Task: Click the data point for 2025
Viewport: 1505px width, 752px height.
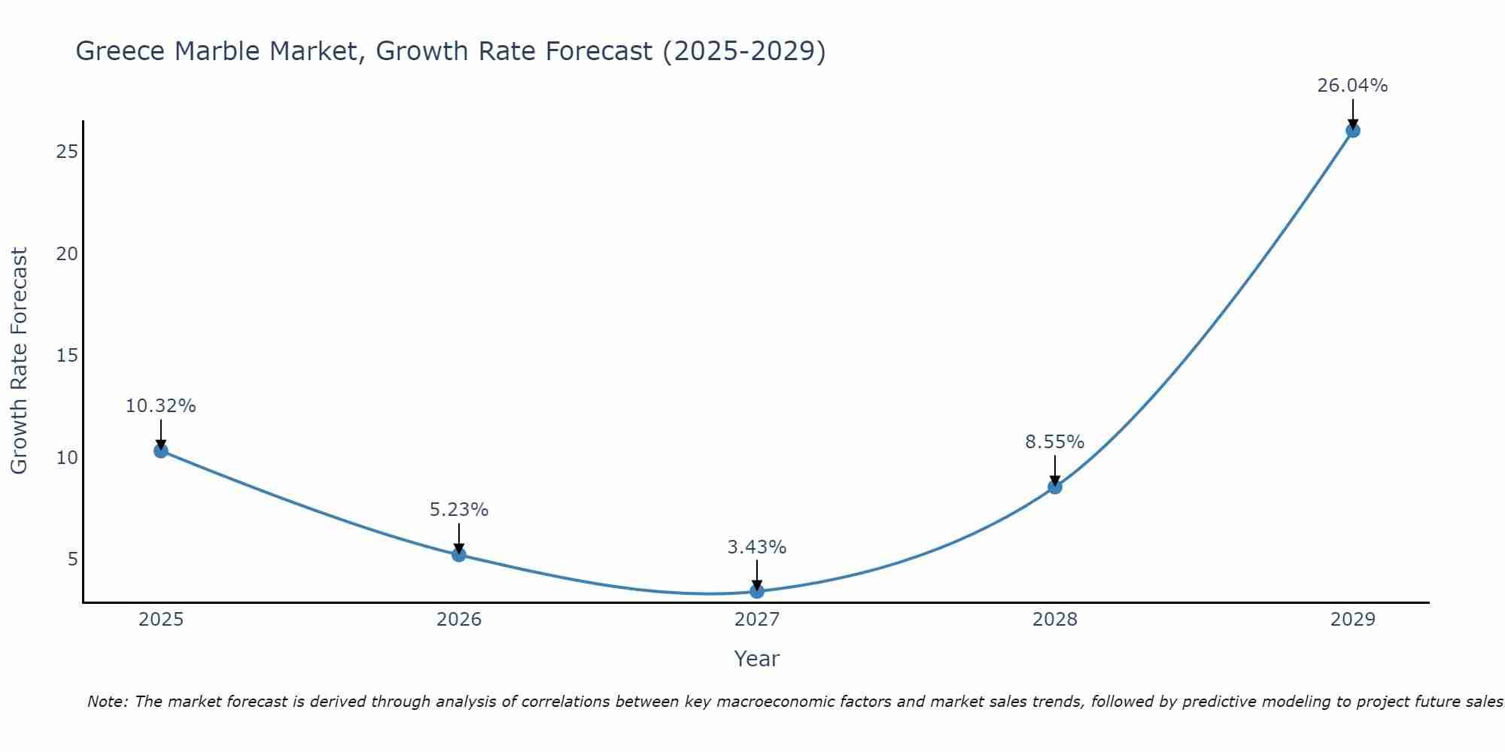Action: [160, 450]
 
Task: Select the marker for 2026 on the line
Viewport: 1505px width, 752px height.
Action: [459, 554]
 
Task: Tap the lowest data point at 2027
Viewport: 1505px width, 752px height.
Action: [757, 591]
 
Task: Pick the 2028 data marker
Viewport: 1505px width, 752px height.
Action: [1055, 487]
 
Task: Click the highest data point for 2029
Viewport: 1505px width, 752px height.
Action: [1352, 130]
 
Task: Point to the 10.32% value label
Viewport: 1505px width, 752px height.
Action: [160, 406]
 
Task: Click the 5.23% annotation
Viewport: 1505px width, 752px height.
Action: [459, 510]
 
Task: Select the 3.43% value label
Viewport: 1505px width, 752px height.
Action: [757, 547]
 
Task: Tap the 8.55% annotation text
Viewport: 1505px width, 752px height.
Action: [1055, 442]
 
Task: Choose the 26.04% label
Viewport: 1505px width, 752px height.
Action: [1352, 86]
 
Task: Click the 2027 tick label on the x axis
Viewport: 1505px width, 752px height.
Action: [757, 620]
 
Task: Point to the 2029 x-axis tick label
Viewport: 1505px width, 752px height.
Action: [1352, 620]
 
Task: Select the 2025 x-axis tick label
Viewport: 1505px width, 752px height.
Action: [161, 620]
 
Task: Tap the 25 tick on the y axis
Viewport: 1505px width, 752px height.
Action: [67, 152]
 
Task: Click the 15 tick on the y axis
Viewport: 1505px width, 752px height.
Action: [67, 356]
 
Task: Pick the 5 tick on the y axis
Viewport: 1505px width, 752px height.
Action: [72, 559]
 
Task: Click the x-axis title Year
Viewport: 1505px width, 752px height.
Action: [757, 659]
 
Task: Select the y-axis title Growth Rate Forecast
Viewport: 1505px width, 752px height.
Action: [19, 361]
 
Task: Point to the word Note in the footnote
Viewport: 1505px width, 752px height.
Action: [107, 702]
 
